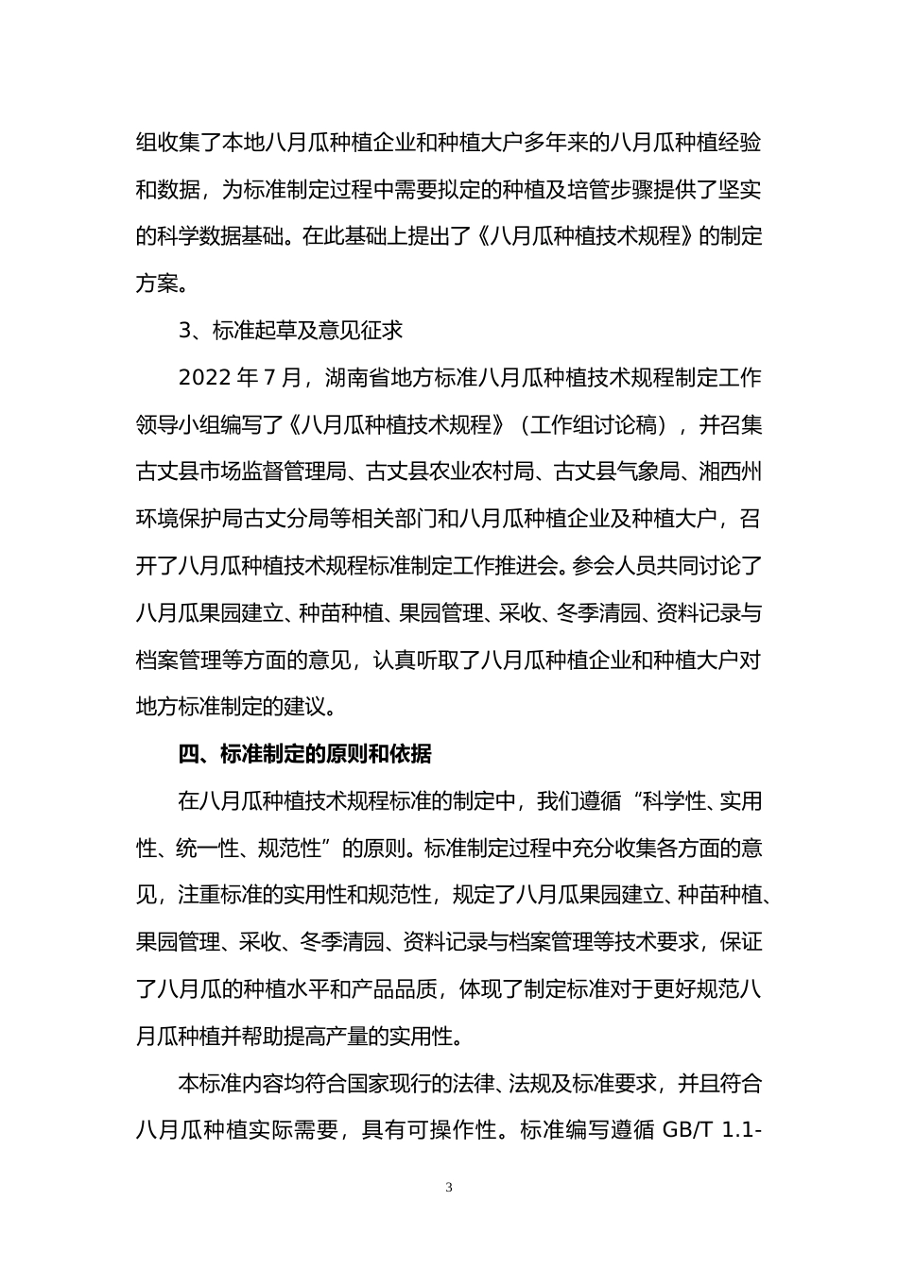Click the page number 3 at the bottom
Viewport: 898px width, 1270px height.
click(449, 1187)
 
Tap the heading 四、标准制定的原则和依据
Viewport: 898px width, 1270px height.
click(304, 754)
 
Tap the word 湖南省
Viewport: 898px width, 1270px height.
click(354, 378)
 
